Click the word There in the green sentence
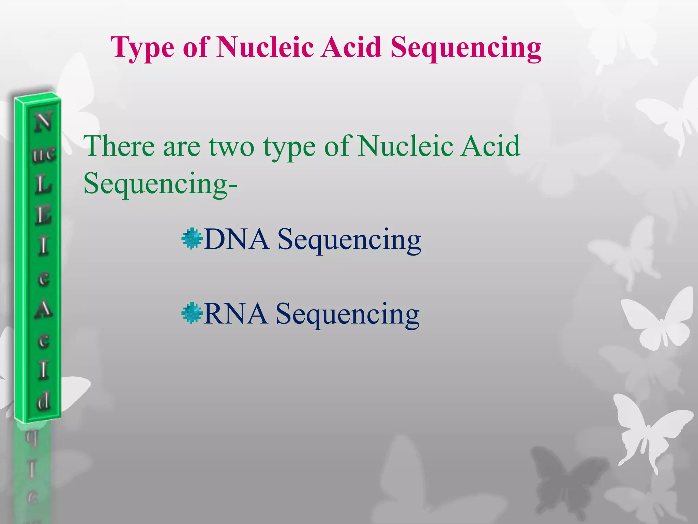click(119, 146)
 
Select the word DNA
click(236, 239)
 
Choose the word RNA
click(235, 314)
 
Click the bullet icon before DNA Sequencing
click(192, 238)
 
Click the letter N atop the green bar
click(43, 122)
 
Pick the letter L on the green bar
click(43, 185)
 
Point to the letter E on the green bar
click(43, 216)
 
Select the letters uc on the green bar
click(44, 154)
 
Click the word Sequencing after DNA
click(349, 239)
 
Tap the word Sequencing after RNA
click(348, 314)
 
